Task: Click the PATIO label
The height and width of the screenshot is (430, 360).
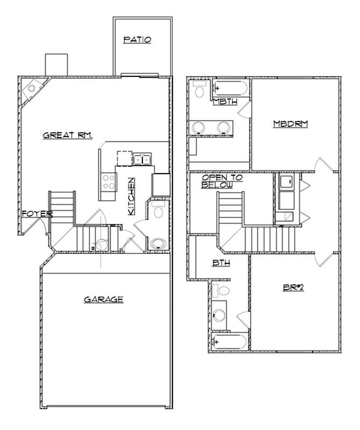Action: click(137, 39)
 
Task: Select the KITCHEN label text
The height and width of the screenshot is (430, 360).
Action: click(131, 197)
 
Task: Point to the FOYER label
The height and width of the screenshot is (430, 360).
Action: click(37, 214)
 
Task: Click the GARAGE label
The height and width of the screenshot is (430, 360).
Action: click(104, 299)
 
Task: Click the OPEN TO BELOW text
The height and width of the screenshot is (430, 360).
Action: click(222, 181)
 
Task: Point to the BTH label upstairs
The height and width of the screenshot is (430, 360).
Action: click(220, 264)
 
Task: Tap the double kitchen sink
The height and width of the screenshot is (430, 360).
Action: click(142, 159)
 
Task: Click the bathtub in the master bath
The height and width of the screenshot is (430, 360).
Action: click(229, 88)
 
